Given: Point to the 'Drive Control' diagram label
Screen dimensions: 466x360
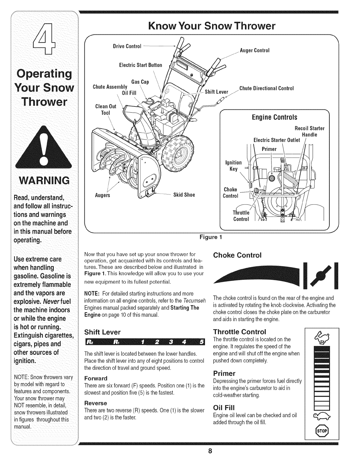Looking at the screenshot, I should pyautogui.click(x=127, y=46).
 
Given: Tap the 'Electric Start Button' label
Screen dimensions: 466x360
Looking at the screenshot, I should pyautogui.click(x=141, y=65).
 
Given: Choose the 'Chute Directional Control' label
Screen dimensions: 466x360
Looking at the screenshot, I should pyautogui.click(x=266, y=88).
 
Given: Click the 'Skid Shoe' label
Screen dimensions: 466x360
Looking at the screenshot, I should pyautogui.click(x=184, y=195).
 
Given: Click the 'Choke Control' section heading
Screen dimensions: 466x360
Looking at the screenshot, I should pyautogui.click(x=237, y=255).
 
